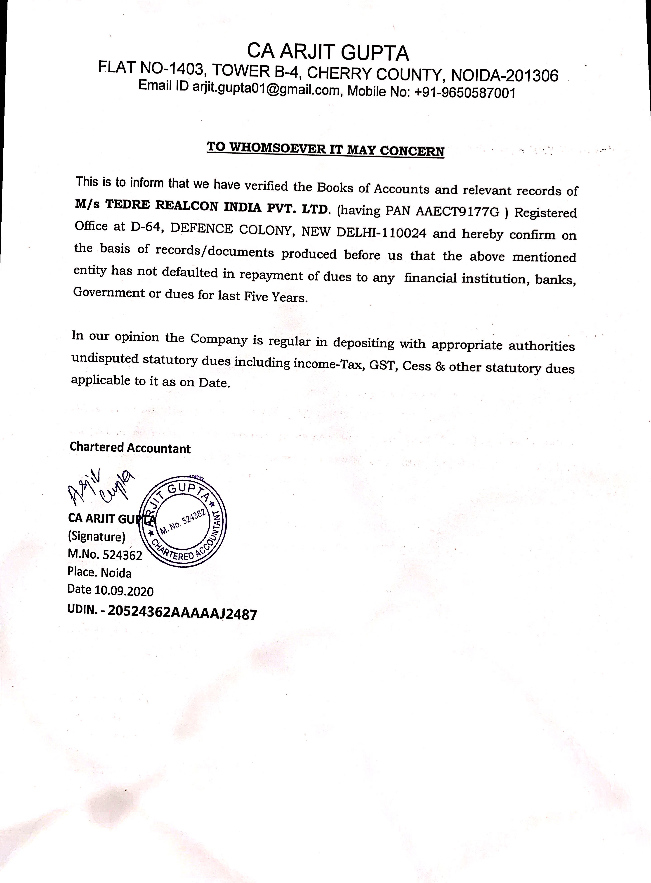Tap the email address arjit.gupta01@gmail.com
click(266, 89)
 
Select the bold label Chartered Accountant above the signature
click(130, 448)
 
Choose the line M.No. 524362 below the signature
click(105, 555)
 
